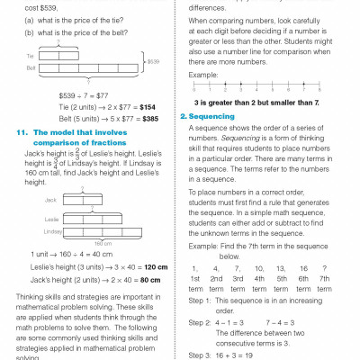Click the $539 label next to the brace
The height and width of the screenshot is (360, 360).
(154, 61)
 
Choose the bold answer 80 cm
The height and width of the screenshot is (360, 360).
(141, 280)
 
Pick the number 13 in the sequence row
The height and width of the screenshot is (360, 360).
(283, 268)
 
